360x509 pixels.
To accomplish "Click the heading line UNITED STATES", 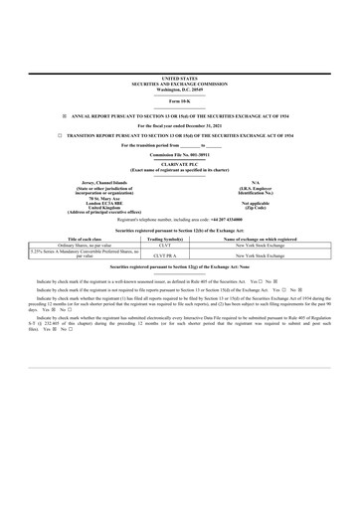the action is pyautogui.click(x=179, y=77).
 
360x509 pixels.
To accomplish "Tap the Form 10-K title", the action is pyautogui.click(x=179, y=102).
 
